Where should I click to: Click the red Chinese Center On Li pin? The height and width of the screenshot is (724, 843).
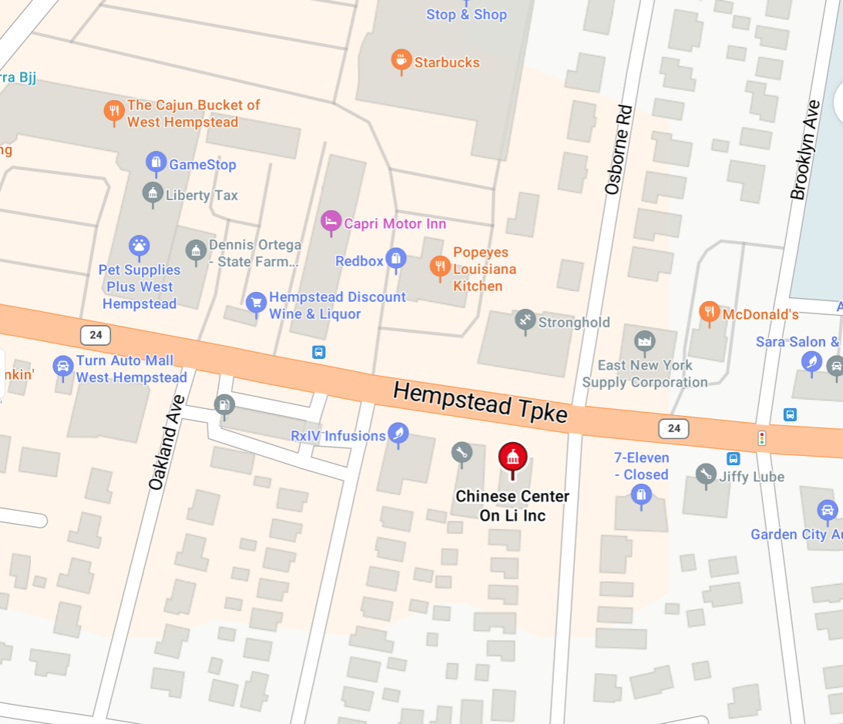point(512,456)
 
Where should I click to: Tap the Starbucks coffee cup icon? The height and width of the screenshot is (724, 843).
point(401,60)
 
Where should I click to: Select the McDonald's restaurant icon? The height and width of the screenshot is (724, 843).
point(709,312)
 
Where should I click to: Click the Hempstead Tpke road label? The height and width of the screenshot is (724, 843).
point(480,402)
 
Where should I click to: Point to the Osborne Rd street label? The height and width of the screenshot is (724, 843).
point(618,149)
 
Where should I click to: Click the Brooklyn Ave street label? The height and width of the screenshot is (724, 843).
point(804,149)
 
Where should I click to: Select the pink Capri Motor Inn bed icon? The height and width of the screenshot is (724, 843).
point(331,221)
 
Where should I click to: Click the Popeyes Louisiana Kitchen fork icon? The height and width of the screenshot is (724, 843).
point(439,266)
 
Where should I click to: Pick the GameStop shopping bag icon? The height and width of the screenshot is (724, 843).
point(156,162)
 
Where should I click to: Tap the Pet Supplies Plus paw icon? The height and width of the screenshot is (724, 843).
point(139,246)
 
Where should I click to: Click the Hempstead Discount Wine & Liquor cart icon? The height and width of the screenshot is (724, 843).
point(256,301)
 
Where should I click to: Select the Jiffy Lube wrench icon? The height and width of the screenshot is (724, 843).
point(705,474)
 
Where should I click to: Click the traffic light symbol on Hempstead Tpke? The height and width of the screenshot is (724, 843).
point(762,438)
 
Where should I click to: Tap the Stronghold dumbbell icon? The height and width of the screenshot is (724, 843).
point(525,320)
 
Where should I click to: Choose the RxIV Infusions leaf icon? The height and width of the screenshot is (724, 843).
point(398,434)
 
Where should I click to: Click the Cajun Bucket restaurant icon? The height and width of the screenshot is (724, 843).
point(114,111)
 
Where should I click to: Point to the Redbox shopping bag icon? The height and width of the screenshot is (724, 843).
point(395,259)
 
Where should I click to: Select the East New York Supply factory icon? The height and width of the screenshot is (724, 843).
point(643,340)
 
